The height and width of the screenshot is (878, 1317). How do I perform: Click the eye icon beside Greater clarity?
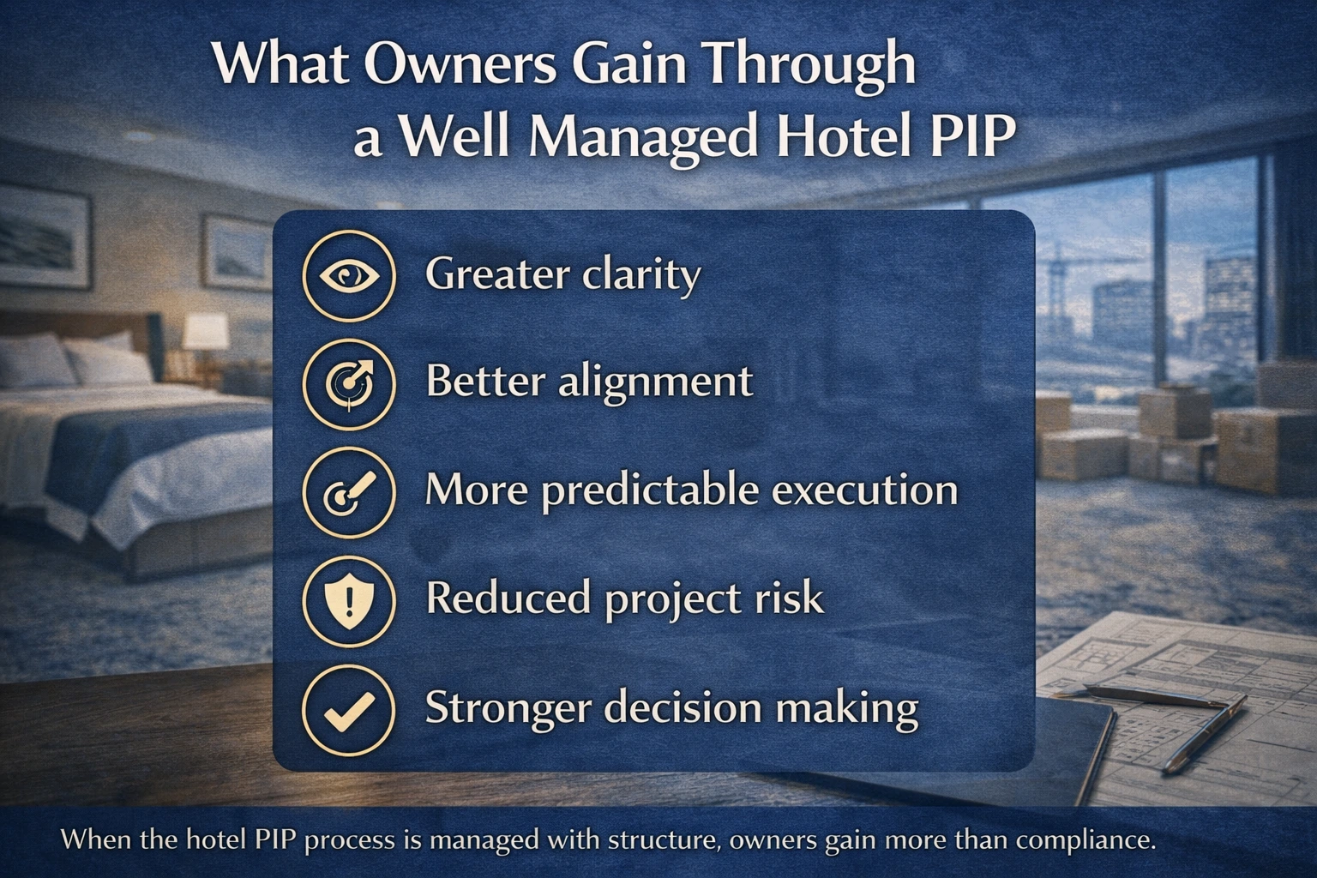[349, 275]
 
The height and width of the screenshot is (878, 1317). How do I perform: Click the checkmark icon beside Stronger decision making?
[349, 708]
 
